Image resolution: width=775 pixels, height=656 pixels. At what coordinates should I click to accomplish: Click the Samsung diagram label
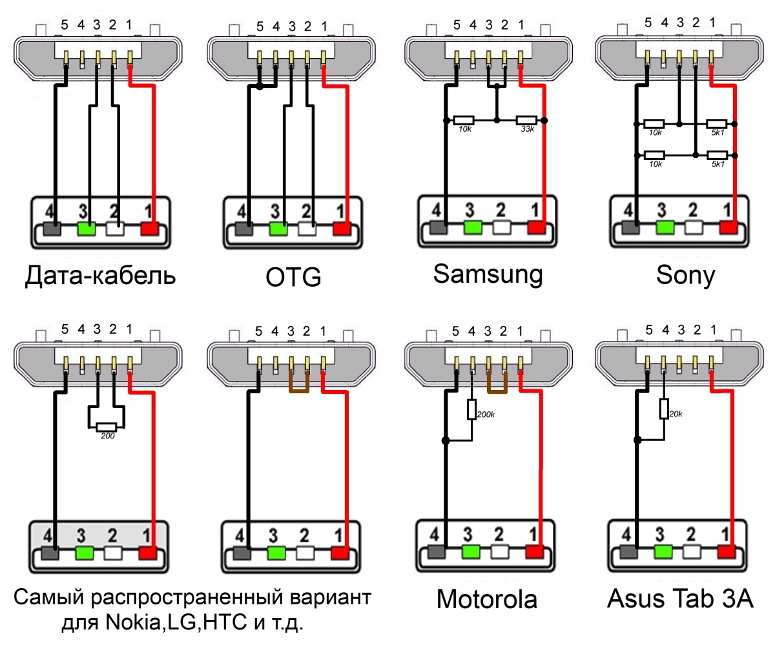tap(488, 274)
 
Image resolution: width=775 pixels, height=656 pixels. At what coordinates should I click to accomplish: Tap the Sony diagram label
tap(685, 275)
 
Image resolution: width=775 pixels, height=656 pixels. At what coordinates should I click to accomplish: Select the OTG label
tap(293, 277)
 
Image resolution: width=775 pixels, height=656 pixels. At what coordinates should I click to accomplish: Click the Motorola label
tap(486, 599)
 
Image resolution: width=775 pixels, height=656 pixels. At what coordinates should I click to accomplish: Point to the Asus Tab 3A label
tap(680, 599)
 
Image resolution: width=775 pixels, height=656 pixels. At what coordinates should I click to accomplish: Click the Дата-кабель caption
tap(100, 276)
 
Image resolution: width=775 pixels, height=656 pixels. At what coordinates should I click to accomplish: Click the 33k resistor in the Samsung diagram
tap(526, 120)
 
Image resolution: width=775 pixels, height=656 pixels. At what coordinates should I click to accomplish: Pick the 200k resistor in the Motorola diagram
tap(471, 409)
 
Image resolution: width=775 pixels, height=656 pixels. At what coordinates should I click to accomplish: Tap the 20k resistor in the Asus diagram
tap(664, 409)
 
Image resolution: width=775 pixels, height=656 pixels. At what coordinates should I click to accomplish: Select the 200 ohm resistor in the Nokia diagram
tap(106, 427)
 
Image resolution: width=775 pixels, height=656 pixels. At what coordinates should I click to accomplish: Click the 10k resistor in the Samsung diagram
tap(464, 120)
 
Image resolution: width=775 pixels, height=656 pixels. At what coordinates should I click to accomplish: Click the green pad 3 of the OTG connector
tap(278, 229)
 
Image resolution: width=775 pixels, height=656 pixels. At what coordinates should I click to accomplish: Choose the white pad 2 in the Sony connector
tap(694, 227)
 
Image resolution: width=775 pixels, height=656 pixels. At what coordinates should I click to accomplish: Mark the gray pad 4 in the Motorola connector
tap(437, 552)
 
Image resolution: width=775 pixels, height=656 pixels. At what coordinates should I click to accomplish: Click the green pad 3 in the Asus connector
tap(663, 551)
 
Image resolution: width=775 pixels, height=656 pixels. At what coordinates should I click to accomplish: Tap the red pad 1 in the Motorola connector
tap(535, 552)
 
